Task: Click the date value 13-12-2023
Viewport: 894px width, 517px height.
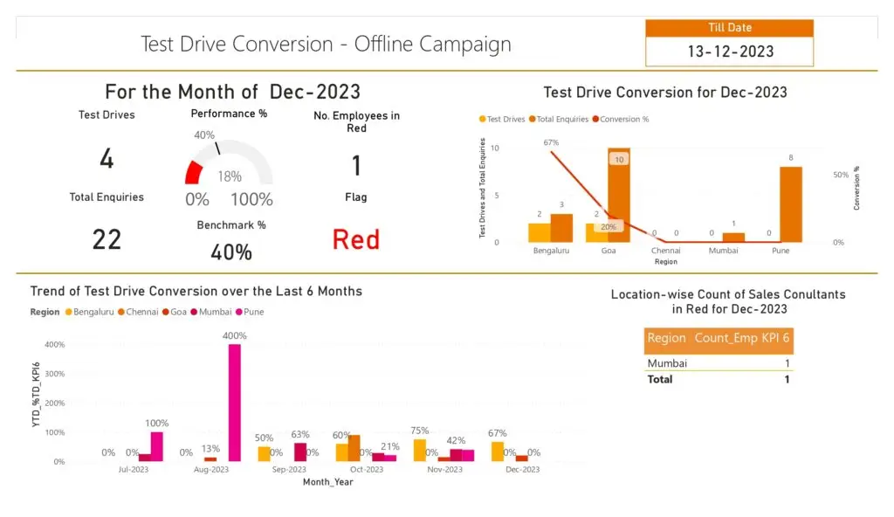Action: [x=730, y=52]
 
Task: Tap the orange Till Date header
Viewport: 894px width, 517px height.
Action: [x=730, y=28]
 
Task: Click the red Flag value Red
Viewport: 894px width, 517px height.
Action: [x=356, y=239]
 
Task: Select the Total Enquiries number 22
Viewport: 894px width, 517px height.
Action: [x=107, y=239]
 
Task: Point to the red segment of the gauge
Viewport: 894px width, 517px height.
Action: [x=194, y=172]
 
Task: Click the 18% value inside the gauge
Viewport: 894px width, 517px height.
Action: [x=230, y=176]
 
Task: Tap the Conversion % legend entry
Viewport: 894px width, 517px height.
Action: [x=624, y=119]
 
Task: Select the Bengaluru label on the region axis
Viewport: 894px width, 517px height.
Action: [x=551, y=250]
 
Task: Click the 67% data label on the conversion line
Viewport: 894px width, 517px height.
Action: [x=551, y=142]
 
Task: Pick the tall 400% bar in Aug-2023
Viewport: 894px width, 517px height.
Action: [x=235, y=402]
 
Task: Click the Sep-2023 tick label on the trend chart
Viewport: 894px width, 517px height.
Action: [x=289, y=470]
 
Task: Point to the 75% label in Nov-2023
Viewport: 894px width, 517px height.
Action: [x=420, y=431]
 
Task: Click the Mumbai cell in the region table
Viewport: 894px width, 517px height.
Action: [x=667, y=363]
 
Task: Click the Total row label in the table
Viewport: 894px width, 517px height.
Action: [x=659, y=379]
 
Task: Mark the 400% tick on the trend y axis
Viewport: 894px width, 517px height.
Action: [x=54, y=345]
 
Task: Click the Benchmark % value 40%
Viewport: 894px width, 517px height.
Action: [x=231, y=252]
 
